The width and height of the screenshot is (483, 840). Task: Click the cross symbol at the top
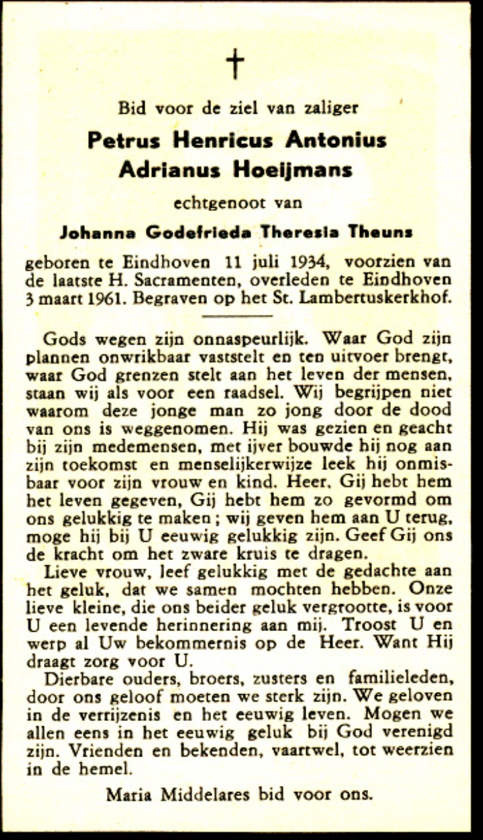(235, 64)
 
